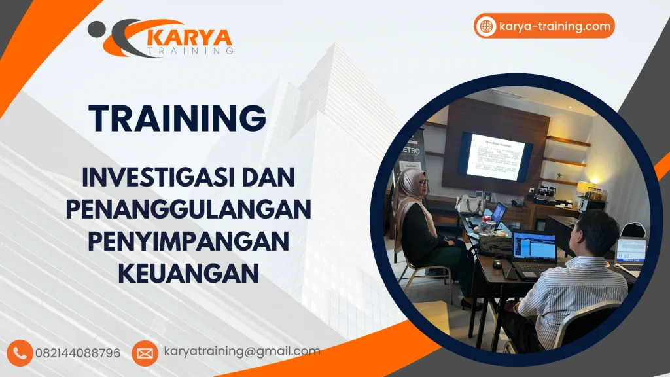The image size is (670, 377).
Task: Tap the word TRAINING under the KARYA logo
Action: point(190,50)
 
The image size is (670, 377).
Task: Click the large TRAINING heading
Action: point(177,118)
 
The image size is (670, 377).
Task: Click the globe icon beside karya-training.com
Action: point(486,26)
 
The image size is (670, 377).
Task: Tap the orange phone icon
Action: point(22,353)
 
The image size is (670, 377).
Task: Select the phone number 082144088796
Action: point(82,353)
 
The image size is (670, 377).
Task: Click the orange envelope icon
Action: point(145,353)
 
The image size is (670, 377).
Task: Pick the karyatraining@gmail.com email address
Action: point(242,351)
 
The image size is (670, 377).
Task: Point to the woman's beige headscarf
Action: point(410,196)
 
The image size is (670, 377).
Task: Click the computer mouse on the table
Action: point(498,264)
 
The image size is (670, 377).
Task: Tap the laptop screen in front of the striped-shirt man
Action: point(534,247)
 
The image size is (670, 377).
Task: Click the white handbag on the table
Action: point(470,205)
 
